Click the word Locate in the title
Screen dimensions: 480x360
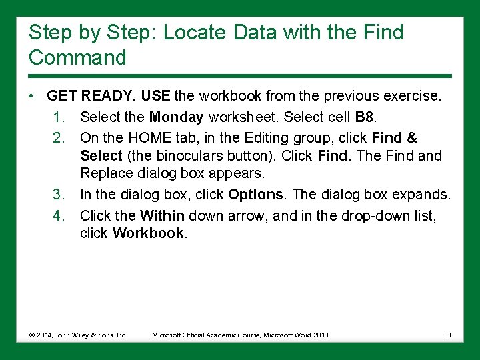point(194,32)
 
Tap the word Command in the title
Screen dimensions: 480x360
point(77,57)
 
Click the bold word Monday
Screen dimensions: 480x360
point(176,117)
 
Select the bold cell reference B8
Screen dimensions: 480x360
point(364,117)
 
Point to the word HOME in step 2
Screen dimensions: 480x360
point(150,138)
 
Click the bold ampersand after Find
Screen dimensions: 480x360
point(412,138)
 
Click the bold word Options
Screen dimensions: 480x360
point(255,195)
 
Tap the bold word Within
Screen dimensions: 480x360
point(162,215)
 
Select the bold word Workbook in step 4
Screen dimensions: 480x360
point(148,233)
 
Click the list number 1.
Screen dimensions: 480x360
point(59,117)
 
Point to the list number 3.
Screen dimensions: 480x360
point(59,195)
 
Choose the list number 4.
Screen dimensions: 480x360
point(59,216)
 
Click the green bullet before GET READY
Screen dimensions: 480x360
point(31,96)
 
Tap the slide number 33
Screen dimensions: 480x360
point(447,335)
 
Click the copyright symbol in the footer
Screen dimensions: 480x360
point(32,335)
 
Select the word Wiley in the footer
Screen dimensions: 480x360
point(81,335)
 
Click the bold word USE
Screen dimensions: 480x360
point(155,96)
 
